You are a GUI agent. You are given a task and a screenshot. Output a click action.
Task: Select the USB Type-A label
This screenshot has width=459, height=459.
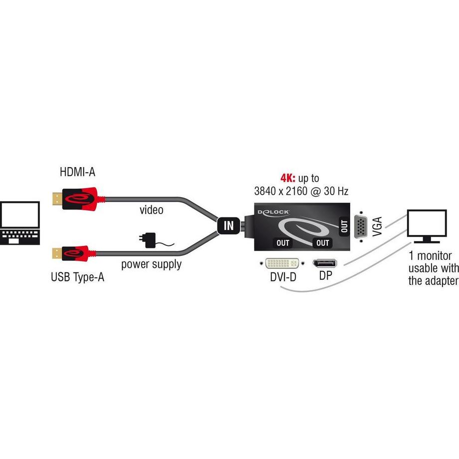pyautogui.click(x=77, y=277)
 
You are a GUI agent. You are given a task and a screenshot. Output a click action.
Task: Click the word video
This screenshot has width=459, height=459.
pyautogui.click(x=151, y=210)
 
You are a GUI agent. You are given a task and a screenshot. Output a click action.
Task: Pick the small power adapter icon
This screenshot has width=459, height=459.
pyautogui.click(x=149, y=240)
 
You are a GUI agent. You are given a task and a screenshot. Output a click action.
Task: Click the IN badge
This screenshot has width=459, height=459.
pyautogui.click(x=229, y=226)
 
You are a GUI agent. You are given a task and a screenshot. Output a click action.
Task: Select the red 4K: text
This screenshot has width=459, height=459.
pyautogui.click(x=287, y=178)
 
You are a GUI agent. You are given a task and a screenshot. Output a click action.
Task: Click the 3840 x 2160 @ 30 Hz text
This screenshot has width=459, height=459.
pyautogui.click(x=300, y=190)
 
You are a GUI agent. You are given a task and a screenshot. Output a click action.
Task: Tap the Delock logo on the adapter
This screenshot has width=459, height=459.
pyautogui.click(x=273, y=212)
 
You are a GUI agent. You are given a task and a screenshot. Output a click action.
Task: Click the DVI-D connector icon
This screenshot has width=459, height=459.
pyautogui.click(x=280, y=263)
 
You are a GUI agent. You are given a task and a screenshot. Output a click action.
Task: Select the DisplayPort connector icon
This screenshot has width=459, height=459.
pyautogui.click(x=324, y=264)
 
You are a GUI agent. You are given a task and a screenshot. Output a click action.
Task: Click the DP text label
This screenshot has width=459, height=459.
pyautogui.click(x=325, y=276)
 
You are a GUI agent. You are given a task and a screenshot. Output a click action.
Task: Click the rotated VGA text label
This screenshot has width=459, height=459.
pyautogui.click(x=377, y=227)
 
